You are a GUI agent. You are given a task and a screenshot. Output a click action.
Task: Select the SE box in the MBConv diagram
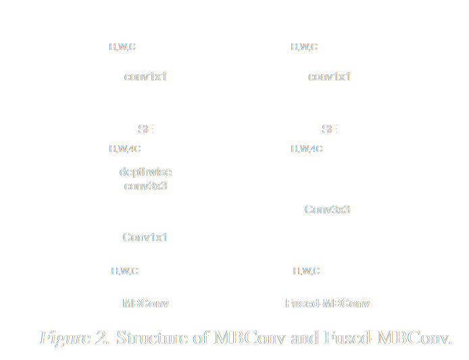coord(146,128)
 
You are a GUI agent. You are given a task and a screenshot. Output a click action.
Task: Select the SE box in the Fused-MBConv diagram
coord(329,128)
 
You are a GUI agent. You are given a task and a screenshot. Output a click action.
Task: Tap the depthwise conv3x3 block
coord(146,178)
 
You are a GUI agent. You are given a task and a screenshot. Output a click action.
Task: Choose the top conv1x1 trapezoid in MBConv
coord(146,78)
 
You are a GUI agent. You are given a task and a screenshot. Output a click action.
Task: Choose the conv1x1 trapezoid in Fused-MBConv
coord(329,78)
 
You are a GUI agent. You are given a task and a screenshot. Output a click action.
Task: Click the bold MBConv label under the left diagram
coord(145,303)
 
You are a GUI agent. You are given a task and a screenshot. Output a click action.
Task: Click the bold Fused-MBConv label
coord(328,303)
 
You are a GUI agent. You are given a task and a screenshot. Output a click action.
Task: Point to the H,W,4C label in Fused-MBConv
coord(307,149)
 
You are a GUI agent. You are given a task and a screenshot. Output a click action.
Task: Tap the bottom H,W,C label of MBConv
coord(125,271)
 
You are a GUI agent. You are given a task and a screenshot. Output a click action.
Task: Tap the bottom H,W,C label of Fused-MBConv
coord(307,271)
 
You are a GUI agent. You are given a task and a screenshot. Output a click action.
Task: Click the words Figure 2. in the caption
coord(75,337)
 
